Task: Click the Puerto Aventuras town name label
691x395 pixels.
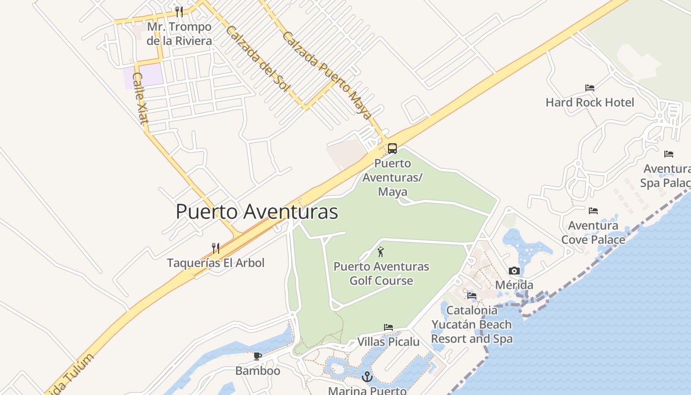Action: [x=257, y=212]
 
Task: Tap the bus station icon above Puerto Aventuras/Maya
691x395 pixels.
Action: [x=392, y=148]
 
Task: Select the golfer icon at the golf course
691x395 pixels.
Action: [x=380, y=253]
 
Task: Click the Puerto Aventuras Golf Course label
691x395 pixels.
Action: [x=381, y=274]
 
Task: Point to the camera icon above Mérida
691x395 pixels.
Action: [x=514, y=271]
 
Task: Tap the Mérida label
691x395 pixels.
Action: [x=514, y=285]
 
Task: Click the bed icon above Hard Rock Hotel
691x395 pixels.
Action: [x=590, y=88]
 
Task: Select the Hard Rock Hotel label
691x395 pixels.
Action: [x=590, y=102]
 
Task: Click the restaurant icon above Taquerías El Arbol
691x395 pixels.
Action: [x=215, y=248]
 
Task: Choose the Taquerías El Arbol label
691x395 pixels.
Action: [x=216, y=263]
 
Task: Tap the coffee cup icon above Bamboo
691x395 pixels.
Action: [x=257, y=356]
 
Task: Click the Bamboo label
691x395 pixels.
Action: [x=258, y=370]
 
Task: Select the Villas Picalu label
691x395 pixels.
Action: [x=388, y=342]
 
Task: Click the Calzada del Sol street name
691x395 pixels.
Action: [x=257, y=58]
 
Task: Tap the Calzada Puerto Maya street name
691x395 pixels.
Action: [x=327, y=76]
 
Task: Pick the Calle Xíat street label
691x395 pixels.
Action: [x=141, y=99]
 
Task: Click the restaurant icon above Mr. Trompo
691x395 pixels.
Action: [x=179, y=12]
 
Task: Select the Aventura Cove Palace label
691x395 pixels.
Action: [x=593, y=233]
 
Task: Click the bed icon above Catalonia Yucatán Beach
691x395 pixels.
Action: [x=472, y=296]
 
